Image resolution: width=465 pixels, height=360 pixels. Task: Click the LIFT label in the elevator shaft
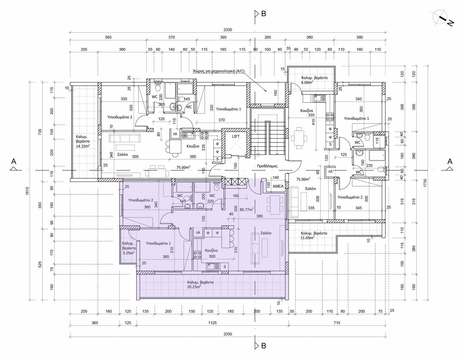coord(236,136)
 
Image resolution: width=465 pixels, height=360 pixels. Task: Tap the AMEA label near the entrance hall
coord(278,186)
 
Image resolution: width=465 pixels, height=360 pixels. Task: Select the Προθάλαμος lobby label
coord(267,166)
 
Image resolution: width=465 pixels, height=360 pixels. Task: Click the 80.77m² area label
coord(247,210)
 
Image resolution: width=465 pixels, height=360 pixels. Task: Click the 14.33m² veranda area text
coord(83,146)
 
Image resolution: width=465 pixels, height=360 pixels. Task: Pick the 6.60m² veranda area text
coord(307,82)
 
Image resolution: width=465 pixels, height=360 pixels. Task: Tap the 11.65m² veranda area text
coord(308,238)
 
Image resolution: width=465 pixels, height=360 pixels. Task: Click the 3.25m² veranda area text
coord(128,253)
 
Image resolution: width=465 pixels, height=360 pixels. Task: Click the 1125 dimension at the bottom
coord(212,323)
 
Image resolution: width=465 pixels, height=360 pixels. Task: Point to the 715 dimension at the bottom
coord(337,323)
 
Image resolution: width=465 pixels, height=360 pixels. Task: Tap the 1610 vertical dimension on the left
coord(27,191)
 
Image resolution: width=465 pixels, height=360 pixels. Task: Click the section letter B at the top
coord(264,14)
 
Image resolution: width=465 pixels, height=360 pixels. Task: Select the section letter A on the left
coord(14,161)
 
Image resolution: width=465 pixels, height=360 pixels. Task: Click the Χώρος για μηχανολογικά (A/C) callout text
coord(218,71)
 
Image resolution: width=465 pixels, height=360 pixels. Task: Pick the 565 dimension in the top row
coord(108,37)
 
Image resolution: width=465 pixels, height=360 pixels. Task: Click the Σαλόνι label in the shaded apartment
coord(266,233)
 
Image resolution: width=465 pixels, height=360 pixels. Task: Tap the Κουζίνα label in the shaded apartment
coord(211,250)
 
